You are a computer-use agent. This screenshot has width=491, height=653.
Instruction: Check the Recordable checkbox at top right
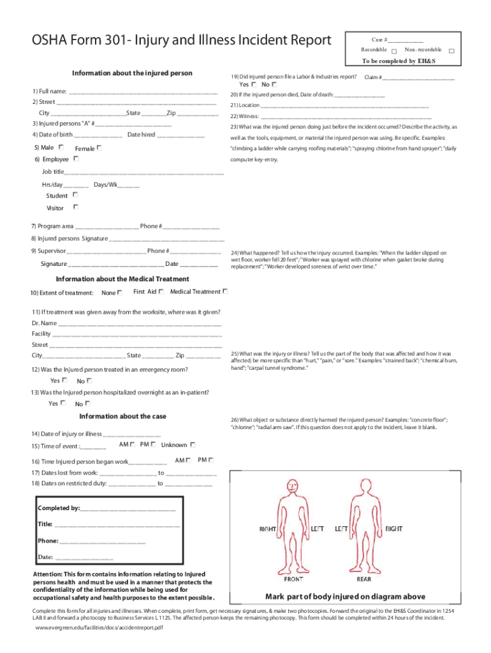[395, 51]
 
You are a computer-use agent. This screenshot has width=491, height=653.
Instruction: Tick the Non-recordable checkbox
[451, 51]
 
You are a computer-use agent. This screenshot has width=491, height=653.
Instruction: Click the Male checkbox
[61, 147]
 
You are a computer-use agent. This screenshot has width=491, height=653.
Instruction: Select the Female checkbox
[100, 147]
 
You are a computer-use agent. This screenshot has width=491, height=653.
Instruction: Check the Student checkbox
[75, 195]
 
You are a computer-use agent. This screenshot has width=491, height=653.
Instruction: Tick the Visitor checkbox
[75, 207]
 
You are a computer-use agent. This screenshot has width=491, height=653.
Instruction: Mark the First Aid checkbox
[161, 291]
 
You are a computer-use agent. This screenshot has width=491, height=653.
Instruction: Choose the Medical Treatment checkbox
[225, 291]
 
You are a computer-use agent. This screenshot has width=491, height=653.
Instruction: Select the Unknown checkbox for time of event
[193, 444]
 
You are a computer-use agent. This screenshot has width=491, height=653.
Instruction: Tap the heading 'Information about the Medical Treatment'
[122, 279]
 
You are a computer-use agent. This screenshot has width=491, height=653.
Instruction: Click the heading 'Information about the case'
[122, 416]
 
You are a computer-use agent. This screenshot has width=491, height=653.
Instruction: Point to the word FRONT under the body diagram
[293, 580]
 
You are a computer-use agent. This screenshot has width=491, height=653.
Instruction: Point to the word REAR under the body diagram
[364, 580]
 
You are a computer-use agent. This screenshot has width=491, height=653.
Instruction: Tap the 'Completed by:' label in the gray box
[59, 508]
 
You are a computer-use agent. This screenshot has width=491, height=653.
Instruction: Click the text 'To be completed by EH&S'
[398, 62]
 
